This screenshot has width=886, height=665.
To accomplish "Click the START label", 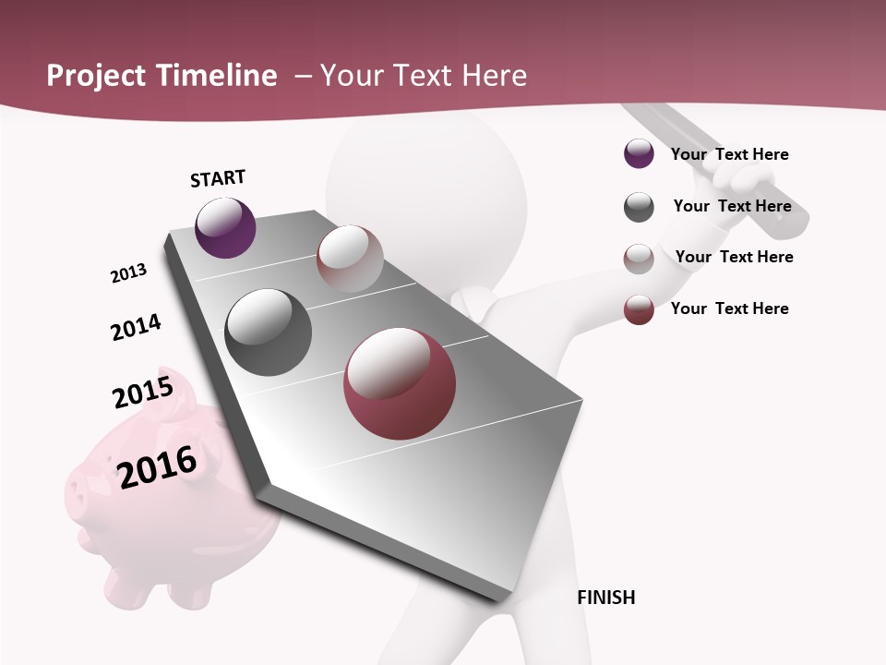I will click(x=218, y=178).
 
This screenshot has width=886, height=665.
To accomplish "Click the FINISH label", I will click(x=605, y=598).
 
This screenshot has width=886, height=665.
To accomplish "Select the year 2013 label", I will click(x=128, y=273).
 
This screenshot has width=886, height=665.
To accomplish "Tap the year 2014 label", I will click(x=136, y=328).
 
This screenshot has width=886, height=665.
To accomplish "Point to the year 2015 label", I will click(x=142, y=393).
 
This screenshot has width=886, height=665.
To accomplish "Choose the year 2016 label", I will click(x=157, y=466).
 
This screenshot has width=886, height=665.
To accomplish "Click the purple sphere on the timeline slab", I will click(x=225, y=227).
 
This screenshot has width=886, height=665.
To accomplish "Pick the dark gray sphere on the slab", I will click(x=268, y=332).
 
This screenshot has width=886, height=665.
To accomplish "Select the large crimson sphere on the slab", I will click(x=400, y=383).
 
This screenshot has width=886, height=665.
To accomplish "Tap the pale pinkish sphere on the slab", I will click(x=350, y=258).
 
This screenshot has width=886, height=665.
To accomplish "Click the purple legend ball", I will click(x=639, y=154).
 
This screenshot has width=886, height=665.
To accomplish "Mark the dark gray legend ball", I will click(x=639, y=207).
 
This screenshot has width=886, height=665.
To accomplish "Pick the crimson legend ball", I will click(x=639, y=308).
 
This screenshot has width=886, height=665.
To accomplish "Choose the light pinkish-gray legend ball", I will click(x=639, y=259).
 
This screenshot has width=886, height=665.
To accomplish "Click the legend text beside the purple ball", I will click(x=729, y=154).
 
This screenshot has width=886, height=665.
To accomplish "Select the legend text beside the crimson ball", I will click(x=729, y=308).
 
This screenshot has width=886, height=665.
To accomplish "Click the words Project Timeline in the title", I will click(x=162, y=76).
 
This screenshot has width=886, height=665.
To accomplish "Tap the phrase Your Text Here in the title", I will click(x=423, y=76).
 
